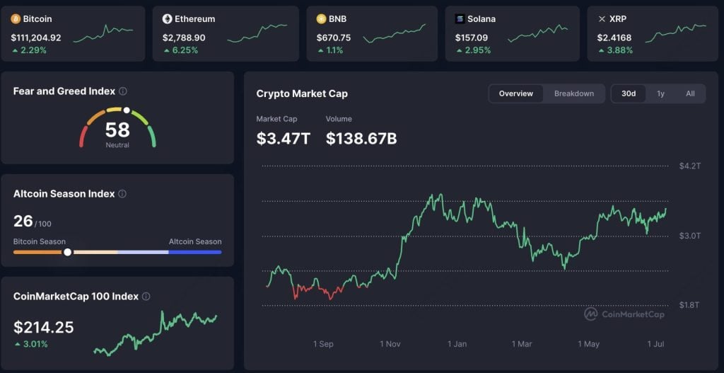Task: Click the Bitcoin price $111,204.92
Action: coord(36,37)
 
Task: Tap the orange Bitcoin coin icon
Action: coord(16,19)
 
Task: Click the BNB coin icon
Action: coord(322,19)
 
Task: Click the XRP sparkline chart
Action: coord(675,32)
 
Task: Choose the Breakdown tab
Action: coord(573,93)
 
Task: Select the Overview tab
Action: coord(516,93)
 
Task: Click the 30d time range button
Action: coord(629,93)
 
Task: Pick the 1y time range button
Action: coord(660,93)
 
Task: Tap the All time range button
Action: coord(690,93)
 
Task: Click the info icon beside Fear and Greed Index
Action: coord(123,91)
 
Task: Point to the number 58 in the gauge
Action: coord(117,130)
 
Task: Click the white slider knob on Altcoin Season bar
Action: coord(67,252)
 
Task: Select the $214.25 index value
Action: coord(44,327)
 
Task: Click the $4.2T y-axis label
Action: coord(689,166)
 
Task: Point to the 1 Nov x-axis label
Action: coord(390,344)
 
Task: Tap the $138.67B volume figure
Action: coord(361,139)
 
